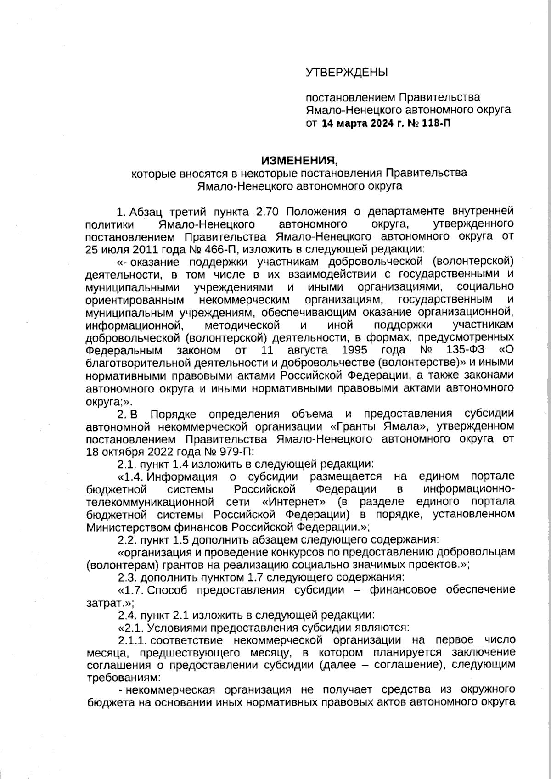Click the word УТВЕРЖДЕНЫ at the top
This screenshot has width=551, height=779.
click(x=347, y=72)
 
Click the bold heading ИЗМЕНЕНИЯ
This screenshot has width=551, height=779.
click(x=299, y=161)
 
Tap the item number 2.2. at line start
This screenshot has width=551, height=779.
click(x=127, y=539)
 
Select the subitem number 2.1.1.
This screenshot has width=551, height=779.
click(x=132, y=639)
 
